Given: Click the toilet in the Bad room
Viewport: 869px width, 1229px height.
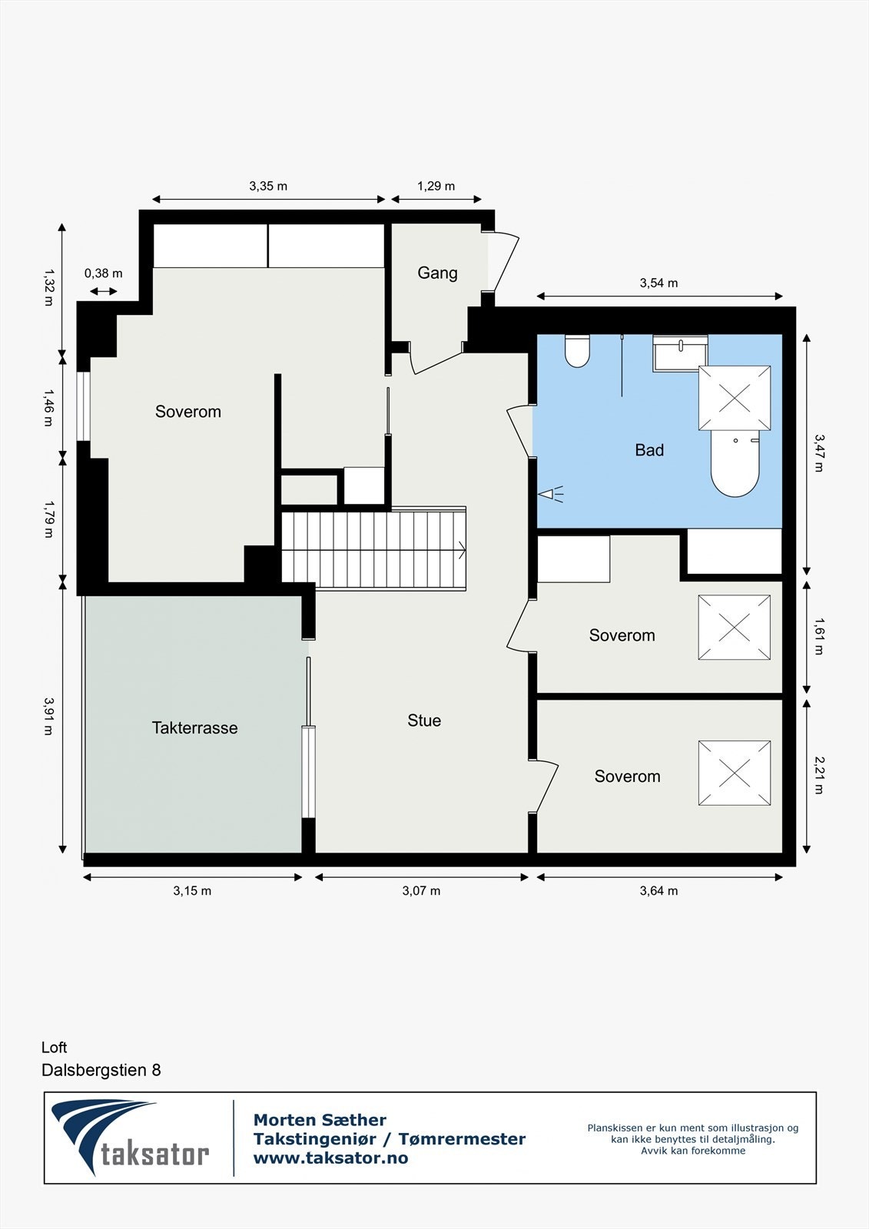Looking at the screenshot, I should click(577, 352).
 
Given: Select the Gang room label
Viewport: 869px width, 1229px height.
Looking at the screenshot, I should click(437, 273).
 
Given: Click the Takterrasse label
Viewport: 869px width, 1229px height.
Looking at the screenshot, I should click(194, 727).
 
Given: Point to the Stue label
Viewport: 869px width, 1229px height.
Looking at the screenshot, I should click(424, 720).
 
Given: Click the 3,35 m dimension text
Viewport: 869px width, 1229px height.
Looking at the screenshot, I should click(268, 186).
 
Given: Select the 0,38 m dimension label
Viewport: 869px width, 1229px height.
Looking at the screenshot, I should click(103, 273).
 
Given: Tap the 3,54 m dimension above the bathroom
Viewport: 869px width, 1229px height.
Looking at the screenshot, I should click(658, 283).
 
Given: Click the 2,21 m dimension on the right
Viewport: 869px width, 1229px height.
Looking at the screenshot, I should click(819, 775).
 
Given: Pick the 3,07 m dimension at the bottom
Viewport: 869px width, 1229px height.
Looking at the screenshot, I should click(421, 891).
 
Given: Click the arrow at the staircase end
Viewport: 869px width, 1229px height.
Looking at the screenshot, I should click(461, 549).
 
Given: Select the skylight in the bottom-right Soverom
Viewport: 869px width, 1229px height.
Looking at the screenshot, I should click(734, 773).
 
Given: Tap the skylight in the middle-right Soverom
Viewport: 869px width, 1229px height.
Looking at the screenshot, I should click(734, 628).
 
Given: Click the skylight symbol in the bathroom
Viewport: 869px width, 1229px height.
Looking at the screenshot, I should click(734, 398).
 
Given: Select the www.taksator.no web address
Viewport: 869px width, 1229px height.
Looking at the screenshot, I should click(330, 1158).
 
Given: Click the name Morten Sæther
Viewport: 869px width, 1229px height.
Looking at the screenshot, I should click(320, 1120).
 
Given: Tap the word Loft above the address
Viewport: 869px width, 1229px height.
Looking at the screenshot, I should click(55, 1047).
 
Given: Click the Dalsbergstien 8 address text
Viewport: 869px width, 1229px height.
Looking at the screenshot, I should click(101, 1070).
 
